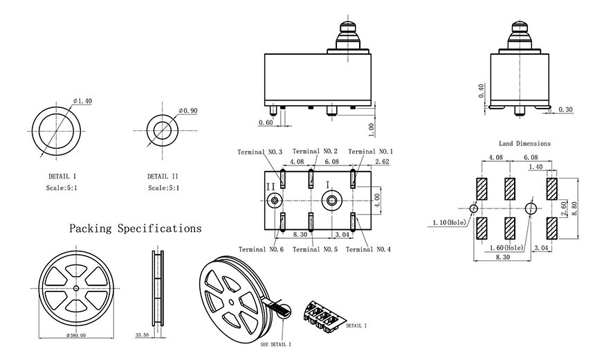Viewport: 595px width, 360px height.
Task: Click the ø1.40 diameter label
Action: pos(82,101)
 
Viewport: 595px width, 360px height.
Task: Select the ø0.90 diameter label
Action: pos(188,111)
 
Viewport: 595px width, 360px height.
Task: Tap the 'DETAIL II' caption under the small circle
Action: pos(163,177)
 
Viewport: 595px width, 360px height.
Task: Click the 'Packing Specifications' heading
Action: pos(135,228)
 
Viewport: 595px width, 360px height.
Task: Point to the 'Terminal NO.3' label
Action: pos(260,152)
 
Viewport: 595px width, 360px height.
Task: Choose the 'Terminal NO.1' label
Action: pos(371,152)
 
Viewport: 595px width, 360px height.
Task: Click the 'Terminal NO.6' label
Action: pos(261,249)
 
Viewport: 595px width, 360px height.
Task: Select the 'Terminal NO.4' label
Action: pos(368,249)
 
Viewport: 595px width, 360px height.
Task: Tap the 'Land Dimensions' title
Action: pos(525,143)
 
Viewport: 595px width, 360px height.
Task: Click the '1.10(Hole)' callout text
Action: pos(449,222)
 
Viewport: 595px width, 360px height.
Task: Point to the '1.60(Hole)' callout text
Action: pos(506,248)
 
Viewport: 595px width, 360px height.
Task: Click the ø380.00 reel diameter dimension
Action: pos(76,335)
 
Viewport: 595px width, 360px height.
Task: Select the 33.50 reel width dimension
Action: pos(142,335)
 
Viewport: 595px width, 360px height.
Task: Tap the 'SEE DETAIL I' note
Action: pos(276,345)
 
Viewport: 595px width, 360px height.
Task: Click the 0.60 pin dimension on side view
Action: pos(266,123)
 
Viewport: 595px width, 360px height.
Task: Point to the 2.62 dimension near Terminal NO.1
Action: pos(382,161)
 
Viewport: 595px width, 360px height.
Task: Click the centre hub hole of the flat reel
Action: pos(76,288)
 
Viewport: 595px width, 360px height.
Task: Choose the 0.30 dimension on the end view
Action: pos(565,109)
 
